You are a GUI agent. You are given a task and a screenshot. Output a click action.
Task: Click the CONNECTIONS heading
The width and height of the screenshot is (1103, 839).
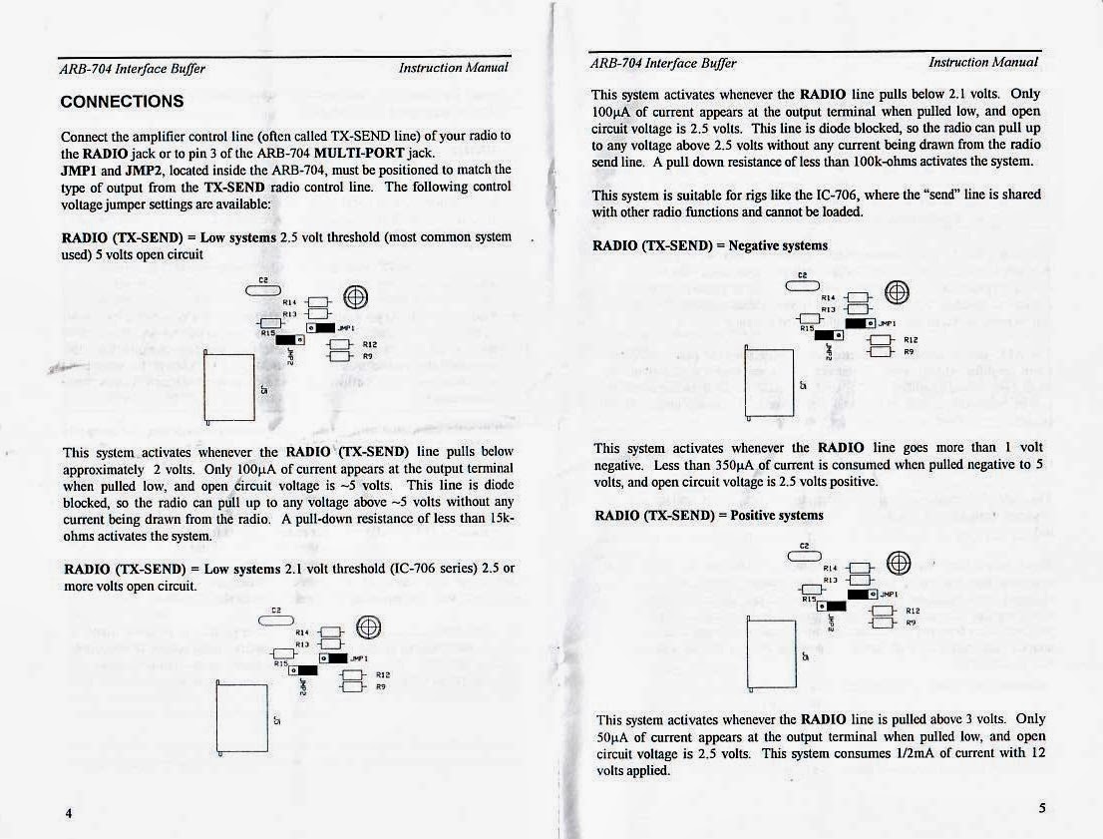click(122, 102)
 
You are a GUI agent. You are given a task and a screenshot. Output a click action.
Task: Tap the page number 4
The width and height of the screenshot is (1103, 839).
click(69, 813)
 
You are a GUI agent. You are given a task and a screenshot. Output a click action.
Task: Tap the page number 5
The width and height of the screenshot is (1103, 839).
click(1041, 809)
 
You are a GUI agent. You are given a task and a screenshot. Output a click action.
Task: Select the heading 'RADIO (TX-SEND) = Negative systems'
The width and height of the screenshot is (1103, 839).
click(710, 245)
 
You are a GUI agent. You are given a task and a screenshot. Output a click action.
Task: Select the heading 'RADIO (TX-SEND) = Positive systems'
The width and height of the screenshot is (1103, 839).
click(708, 515)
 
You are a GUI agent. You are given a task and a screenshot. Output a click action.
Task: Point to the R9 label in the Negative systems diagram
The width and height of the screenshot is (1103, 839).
click(910, 351)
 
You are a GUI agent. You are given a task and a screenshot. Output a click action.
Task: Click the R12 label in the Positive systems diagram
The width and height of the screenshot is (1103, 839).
click(912, 610)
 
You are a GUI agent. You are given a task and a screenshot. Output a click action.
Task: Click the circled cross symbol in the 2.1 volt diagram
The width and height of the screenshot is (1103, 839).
click(368, 627)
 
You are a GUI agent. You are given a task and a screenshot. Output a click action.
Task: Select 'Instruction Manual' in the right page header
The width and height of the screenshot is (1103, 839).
click(983, 62)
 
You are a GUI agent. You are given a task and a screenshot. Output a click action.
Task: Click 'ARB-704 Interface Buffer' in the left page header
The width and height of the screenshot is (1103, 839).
click(133, 69)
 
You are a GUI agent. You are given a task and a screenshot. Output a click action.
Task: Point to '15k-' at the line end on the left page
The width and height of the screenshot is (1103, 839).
click(499, 519)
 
